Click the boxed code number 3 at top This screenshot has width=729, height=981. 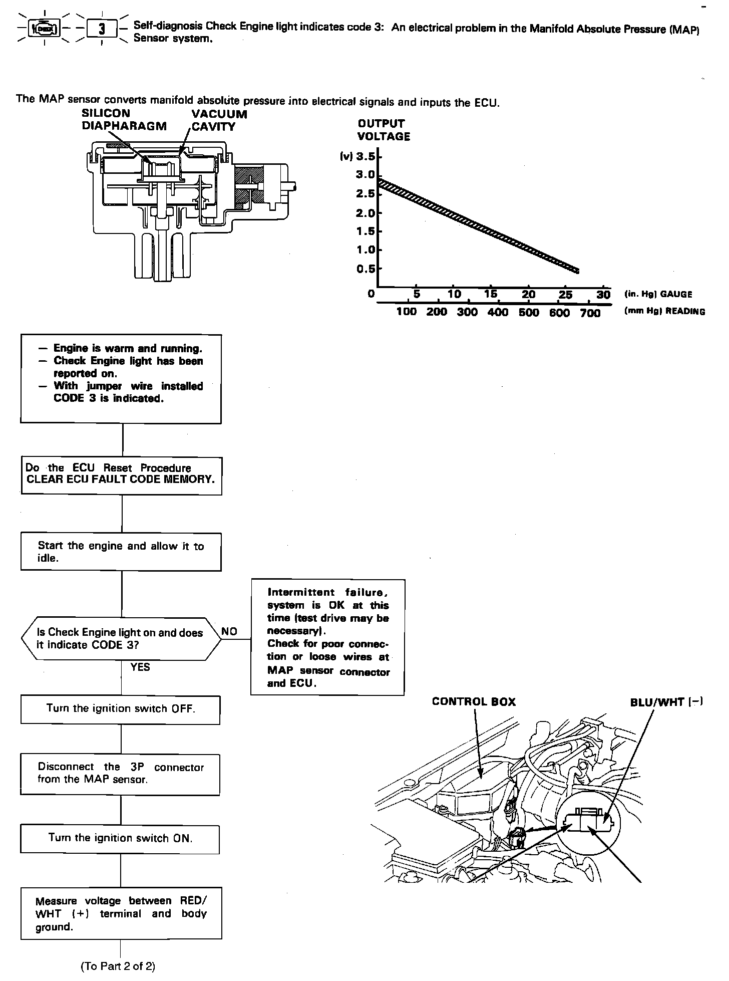pyautogui.click(x=102, y=29)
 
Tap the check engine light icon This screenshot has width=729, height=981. pyautogui.click(x=45, y=29)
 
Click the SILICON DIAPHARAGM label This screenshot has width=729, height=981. pyautogui.click(x=124, y=120)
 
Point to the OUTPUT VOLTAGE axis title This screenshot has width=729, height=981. pyautogui.click(x=384, y=130)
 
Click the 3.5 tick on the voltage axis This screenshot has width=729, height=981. pyautogui.click(x=366, y=157)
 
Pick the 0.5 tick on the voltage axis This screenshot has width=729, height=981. pyautogui.click(x=366, y=269)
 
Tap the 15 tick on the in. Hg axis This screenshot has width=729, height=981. pyautogui.click(x=491, y=294)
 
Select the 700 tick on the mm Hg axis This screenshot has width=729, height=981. pyautogui.click(x=590, y=313)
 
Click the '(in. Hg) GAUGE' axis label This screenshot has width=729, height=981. pyautogui.click(x=658, y=295)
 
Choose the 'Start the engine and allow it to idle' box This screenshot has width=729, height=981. pyautogui.click(x=121, y=552)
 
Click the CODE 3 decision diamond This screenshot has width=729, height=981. pyautogui.click(x=121, y=639)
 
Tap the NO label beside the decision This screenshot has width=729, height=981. pyautogui.click(x=229, y=631)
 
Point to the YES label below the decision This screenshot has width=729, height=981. pyautogui.click(x=140, y=667)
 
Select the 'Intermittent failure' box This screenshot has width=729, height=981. pyautogui.click(x=327, y=637)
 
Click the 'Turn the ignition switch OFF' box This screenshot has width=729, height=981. pyautogui.click(x=121, y=709)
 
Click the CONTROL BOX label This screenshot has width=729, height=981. pyautogui.click(x=473, y=702)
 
